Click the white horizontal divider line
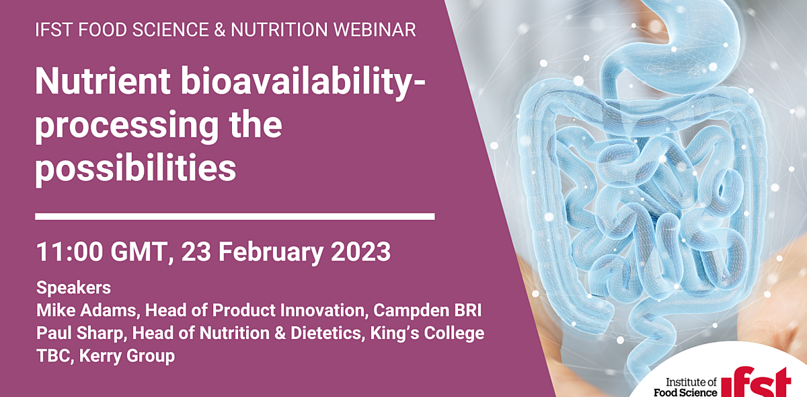pos(235,216)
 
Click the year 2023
pos(359,252)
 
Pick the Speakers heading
pos(73,288)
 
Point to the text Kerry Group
pos(127,356)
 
